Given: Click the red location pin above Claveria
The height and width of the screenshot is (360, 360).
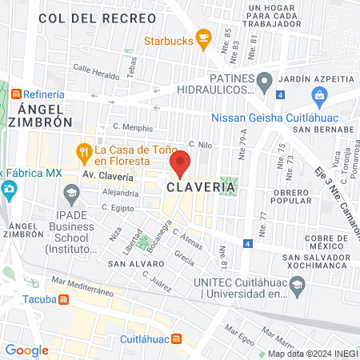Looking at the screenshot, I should point(181,162).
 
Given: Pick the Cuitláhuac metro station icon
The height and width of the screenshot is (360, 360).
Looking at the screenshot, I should point(177,338).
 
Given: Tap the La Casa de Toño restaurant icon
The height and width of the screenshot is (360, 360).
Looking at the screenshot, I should point(82,150).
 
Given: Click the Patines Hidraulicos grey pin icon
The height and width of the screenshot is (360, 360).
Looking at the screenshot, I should point(264,81).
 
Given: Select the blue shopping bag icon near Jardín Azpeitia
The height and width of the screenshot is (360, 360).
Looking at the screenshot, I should point(320,98).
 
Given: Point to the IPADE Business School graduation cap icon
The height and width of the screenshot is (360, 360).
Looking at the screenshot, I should point(71,192).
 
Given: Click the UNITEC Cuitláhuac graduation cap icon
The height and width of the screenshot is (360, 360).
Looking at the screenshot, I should point(297,285).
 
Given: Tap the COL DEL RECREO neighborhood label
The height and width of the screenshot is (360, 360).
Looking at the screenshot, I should point(86,17).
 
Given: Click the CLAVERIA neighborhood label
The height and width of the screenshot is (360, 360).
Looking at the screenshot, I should point(202,187).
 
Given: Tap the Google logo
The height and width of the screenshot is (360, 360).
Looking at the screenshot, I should point(26,350).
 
